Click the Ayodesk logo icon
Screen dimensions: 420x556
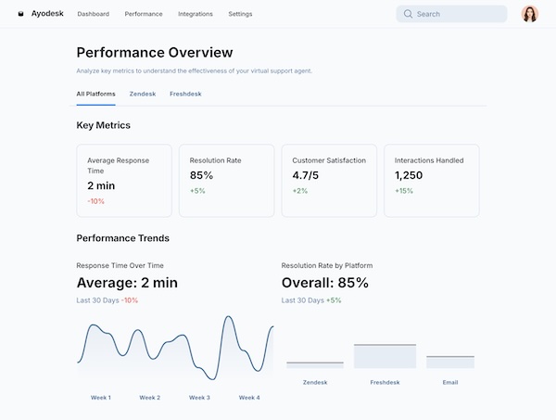pos(21,14)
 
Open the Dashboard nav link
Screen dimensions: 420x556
pos(93,14)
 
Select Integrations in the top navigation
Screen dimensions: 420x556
pos(196,14)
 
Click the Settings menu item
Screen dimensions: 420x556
pos(240,14)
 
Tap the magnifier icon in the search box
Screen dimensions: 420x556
pos(408,14)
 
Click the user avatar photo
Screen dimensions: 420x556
pos(530,14)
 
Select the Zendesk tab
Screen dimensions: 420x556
pos(143,94)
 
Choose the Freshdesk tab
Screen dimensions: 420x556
pos(185,94)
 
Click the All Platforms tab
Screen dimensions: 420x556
pos(96,94)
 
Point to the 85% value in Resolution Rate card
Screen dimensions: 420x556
pos(201,175)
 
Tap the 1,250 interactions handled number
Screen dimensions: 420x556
pos(409,175)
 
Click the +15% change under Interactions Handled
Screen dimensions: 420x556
pos(404,191)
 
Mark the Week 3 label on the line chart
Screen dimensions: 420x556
pos(199,397)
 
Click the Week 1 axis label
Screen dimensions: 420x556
pos(101,397)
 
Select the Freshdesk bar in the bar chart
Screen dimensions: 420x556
pos(385,356)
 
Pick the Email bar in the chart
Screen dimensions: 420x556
pos(449,362)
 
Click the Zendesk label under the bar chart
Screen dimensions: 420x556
pos(315,381)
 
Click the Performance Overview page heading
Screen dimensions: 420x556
pos(155,53)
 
